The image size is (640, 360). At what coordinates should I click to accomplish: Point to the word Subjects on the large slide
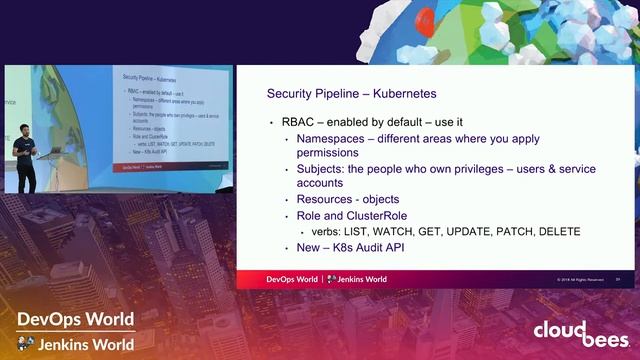pyautogui.click(x=323, y=170)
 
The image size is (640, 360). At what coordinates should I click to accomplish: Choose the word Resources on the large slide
pyautogui.click(x=327, y=200)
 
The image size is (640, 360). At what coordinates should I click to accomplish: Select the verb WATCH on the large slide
pyautogui.click(x=388, y=232)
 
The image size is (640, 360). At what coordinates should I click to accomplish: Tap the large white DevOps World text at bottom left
pyautogui.click(x=75, y=319)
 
